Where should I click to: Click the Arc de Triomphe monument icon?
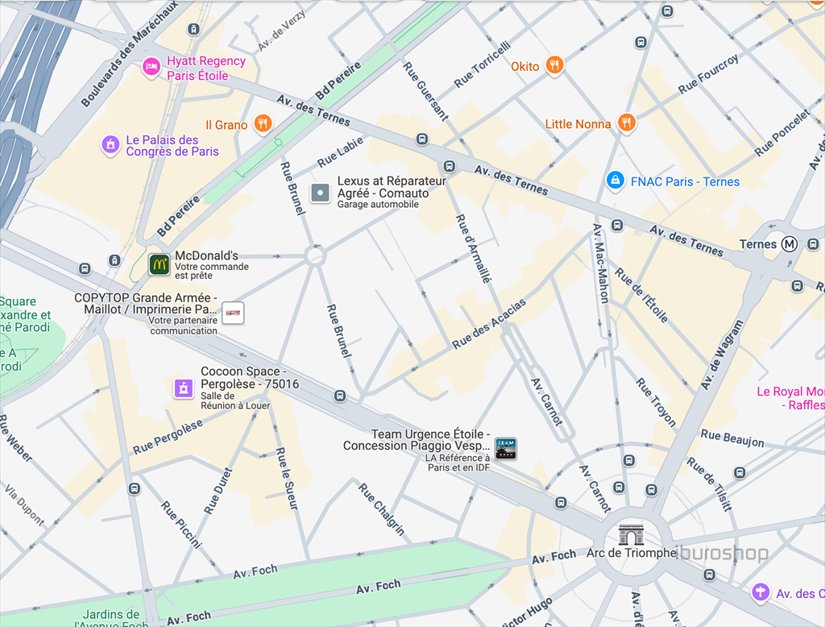(x=631, y=534)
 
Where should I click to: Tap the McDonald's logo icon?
(x=159, y=264)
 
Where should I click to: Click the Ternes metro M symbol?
(x=790, y=244)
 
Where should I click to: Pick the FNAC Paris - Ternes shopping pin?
(x=616, y=181)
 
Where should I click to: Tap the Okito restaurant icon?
(x=553, y=65)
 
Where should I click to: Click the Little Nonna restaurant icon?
(x=627, y=122)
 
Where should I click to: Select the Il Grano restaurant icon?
(x=262, y=124)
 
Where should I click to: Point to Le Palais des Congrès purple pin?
(x=110, y=145)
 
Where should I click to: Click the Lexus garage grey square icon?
(x=321, y=193)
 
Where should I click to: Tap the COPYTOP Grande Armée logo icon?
(x=233, y=313)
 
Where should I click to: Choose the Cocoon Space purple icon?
(x=184, y=388)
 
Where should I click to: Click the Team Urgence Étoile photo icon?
(x=505, y=449)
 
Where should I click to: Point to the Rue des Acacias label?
(x=489, y=324)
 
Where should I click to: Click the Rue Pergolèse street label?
(x=168, y=437)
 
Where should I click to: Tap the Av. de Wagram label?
(x=722, y=355)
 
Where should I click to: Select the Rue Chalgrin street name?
(x=382, y=509)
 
